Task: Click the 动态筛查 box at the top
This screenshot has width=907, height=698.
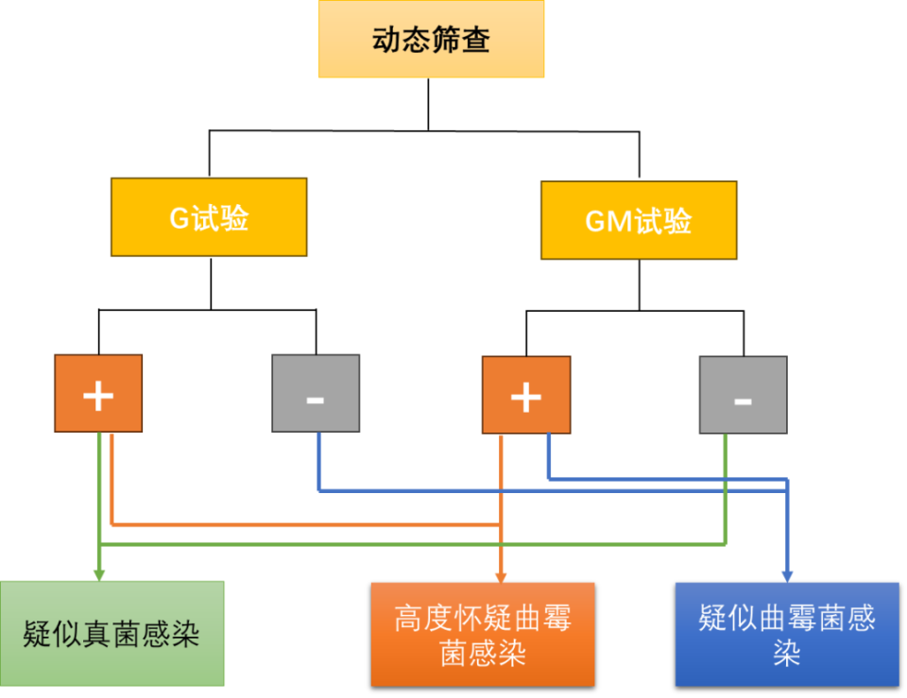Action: [431, 40]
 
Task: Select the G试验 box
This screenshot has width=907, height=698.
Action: [209, 217]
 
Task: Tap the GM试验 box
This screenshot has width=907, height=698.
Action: [639, 220]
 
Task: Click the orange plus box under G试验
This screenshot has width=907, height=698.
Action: [98, 394]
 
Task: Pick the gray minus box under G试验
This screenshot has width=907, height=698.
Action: [316, 394]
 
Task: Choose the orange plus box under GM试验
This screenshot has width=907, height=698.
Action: [526, 395]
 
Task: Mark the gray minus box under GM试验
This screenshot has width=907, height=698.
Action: [744, 395]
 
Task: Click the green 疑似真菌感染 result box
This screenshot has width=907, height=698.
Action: [112, 633]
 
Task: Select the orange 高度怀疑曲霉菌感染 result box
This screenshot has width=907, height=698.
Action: [483, 634]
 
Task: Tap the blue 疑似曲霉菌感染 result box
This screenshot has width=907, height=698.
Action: [787, 634]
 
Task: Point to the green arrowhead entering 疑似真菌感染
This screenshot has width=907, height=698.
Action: [99, 573]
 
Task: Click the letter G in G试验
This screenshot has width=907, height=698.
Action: [180, 218]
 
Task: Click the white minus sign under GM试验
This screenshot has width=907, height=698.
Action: [744, 400]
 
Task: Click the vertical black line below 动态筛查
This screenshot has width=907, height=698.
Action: [429, 104]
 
